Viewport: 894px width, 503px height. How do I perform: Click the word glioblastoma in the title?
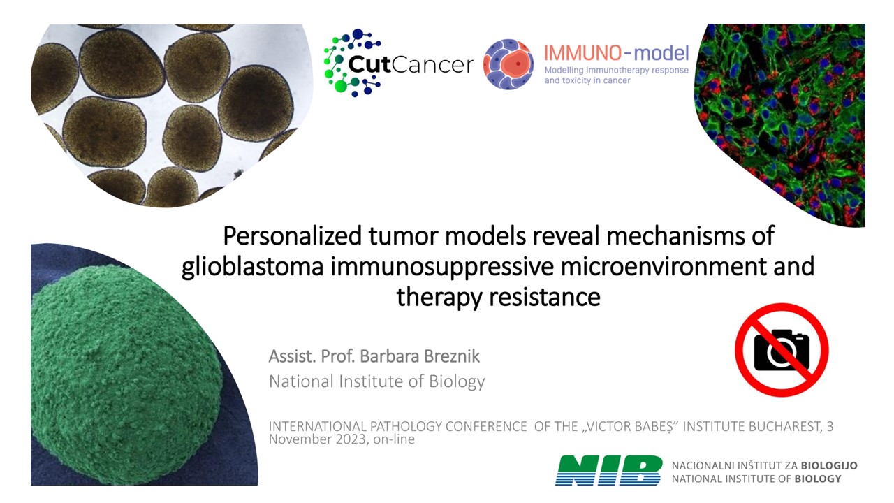coord(252,267)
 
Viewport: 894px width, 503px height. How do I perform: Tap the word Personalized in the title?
coord(292,236)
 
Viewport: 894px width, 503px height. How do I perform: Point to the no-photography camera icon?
coord(782,350)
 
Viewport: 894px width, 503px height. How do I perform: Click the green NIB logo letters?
coord(608,470)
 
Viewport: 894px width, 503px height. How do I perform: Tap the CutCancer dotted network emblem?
coord(352,63)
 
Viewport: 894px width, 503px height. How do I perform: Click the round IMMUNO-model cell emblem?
coord(508,64)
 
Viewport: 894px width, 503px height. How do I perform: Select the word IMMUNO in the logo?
coord(582,53)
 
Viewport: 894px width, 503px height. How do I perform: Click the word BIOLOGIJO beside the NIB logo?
coord(829,466)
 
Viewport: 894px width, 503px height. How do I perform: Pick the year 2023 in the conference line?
coord(351,439)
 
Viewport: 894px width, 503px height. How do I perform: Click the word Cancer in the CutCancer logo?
coord(432,65)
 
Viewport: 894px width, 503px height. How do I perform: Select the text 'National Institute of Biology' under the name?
coord(376,381)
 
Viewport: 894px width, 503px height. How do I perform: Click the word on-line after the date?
coord(394,439)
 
